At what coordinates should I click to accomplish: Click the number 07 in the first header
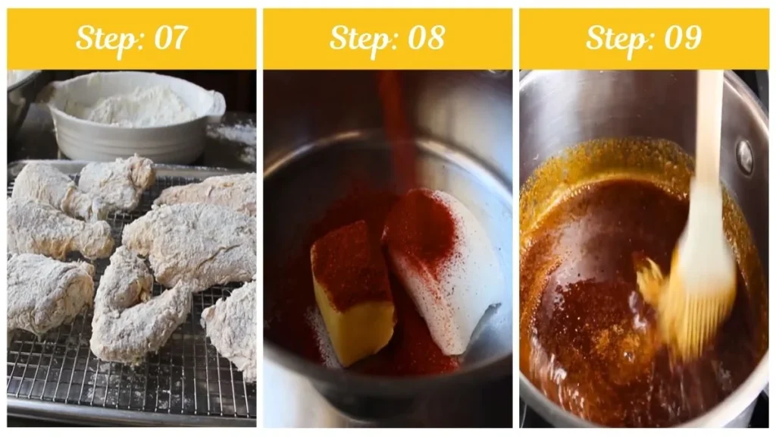(171, 38)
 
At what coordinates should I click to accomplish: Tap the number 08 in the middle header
(427, 38)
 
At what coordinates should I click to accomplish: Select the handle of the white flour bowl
(216, 106)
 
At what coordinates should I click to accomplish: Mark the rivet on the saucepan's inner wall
(744, 157)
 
